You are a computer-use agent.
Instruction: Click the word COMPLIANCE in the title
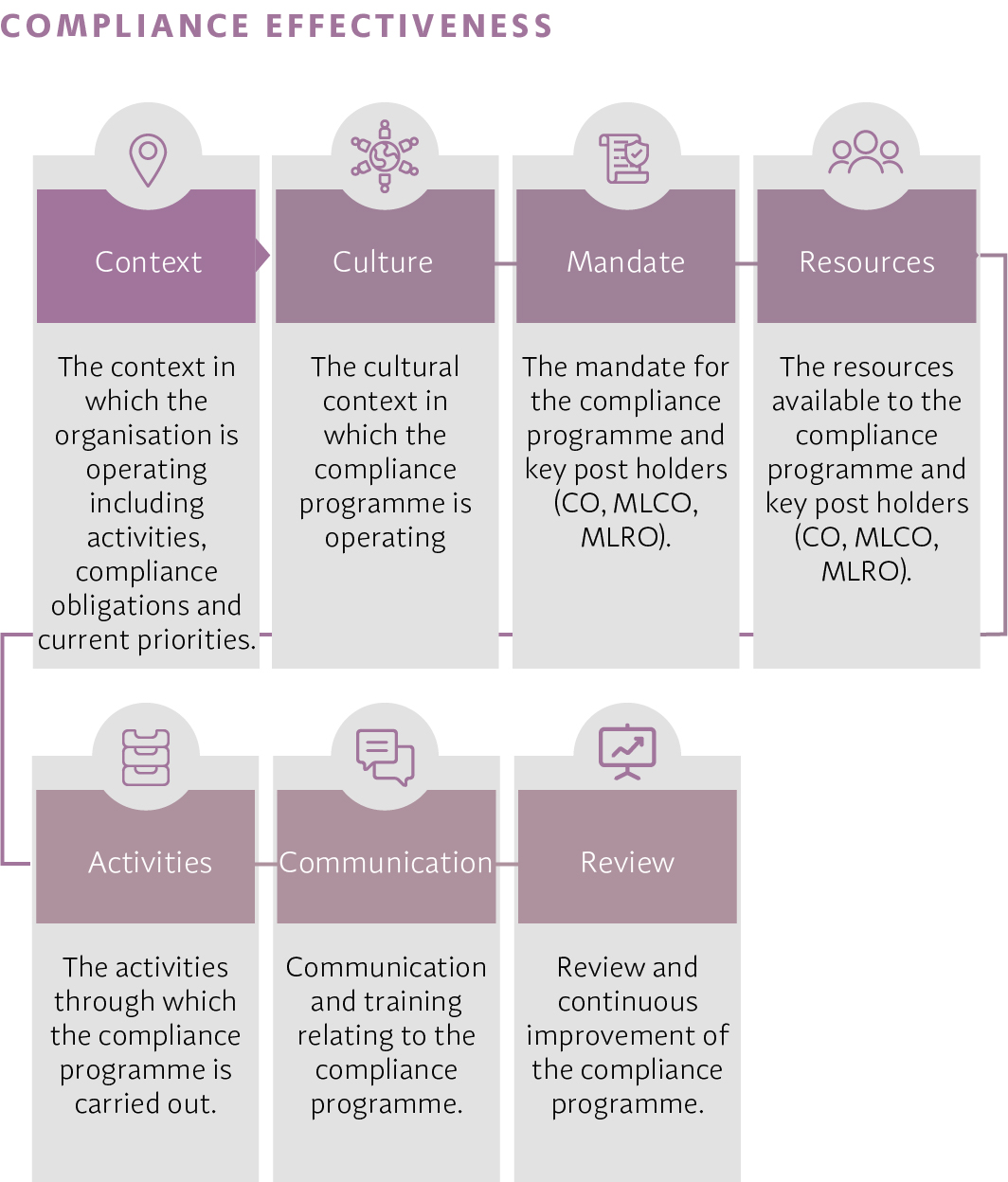(x=125, y=27)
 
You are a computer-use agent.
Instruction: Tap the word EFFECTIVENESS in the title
(x=409, y=27)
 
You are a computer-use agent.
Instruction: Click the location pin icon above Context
(x=148, y=160)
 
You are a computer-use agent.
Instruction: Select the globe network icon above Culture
(x=385, y=156)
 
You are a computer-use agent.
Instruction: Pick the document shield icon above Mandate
(x=624, y=158)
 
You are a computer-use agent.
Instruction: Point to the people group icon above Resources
(x=866, y=152)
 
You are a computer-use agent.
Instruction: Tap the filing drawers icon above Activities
(x=146, y=757)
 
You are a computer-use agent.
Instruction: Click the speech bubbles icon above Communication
(x=385, y=757)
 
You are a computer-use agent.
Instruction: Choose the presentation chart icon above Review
(x=627, y=752)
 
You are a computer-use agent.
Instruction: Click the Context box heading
(x=148, y=262)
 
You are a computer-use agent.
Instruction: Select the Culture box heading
(x=383, y=262)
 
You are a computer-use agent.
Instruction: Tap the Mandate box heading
(x=625, y=262)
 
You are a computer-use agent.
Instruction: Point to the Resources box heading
(x=867, y=262)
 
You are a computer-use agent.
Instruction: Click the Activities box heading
(x=150, y=862)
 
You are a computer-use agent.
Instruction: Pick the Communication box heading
(x=386, y=862)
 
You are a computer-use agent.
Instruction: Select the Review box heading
(x=627, y=862)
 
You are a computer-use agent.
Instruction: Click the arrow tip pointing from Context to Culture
(x=269, y=255)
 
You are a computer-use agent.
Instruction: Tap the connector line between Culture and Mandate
(x=506, y=263)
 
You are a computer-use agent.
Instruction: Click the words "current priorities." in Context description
(x=147, y=639)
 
